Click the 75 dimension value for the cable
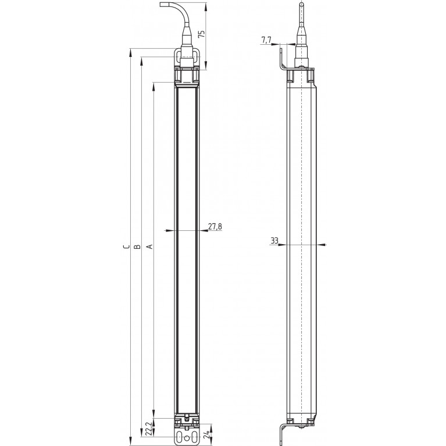(x=202, y=34)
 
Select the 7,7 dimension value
(x=266, y=40)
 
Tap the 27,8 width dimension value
(x=215, y=227)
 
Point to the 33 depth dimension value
(x=274, y=240)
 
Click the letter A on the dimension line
(x=149, y=247)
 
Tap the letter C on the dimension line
(x=125, y=247)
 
